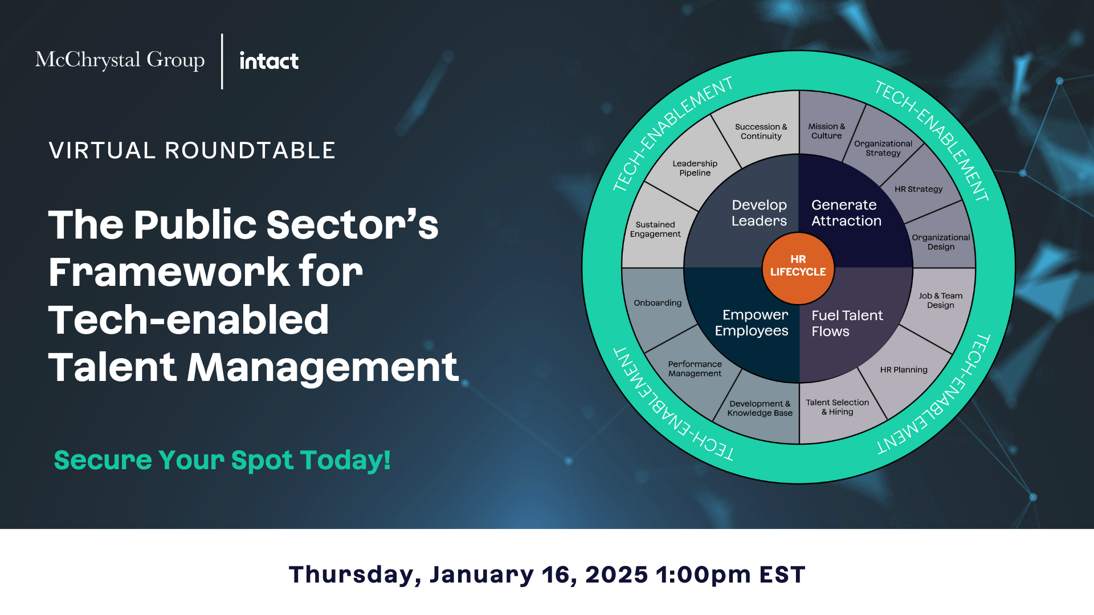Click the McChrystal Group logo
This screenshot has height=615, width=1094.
point(120,60)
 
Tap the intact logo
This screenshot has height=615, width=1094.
point(269,60)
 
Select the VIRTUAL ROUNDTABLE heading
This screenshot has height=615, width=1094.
point(192,150)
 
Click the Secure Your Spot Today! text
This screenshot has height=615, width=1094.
point(222,460)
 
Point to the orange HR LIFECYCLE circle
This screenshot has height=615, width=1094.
point(798,268)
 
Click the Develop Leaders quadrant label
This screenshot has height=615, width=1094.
point(759,213)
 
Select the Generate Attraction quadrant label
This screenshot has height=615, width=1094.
point(846,213)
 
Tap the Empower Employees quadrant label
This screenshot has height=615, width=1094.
point(752,323)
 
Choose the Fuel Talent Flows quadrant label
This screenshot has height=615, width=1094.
point(847,323)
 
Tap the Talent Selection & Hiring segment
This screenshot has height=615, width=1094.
point(837,407)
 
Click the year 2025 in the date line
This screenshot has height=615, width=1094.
point(617,575)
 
